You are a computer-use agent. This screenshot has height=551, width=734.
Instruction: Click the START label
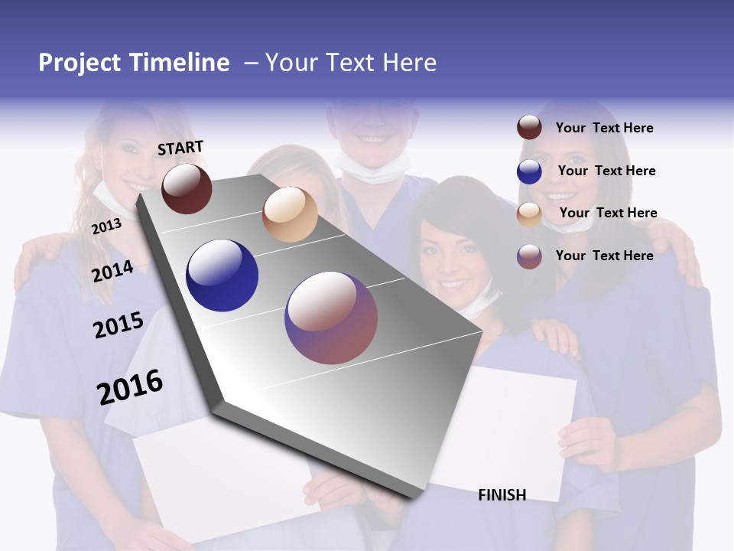coord(180,148)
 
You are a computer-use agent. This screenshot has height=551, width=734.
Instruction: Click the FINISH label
coord(502,495)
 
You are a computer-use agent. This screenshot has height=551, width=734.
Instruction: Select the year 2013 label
coord(106,226)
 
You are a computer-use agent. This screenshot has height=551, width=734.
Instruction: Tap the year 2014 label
coord(112,272)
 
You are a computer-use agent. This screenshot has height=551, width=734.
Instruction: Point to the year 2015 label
coord(118,325)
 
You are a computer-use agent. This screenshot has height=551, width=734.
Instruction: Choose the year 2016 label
coord(130,387)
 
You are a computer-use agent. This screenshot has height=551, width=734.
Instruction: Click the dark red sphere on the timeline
coord(187,188)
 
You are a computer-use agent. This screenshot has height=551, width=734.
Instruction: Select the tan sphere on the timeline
coord(290,214)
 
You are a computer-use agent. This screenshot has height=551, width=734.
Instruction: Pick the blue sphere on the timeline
coord(222,275)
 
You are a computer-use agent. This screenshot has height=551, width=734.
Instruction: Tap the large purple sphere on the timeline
coord(331,318)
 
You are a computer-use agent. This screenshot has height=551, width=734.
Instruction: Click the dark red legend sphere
coord(529,128)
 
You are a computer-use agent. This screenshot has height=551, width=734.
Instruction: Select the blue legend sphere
coord(529,171)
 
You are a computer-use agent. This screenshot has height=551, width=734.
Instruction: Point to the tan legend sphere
coord(529,214)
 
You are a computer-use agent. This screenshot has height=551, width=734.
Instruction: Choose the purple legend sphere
coord(529,256)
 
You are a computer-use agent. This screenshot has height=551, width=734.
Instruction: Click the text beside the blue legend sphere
coord(606,171)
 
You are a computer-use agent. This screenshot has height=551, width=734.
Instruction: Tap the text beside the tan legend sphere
coord(608,213)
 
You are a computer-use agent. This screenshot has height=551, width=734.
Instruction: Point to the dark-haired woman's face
coord(451,249)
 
